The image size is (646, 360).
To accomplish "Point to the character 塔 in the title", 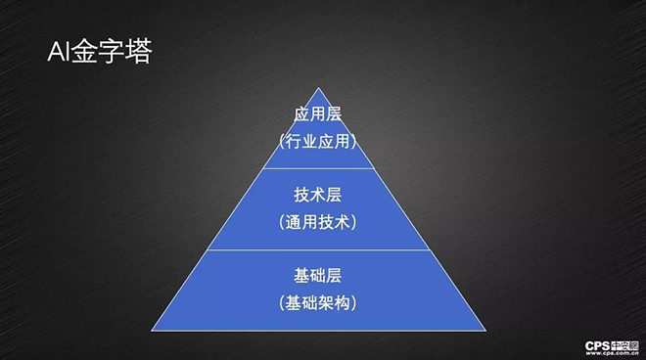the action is (137, 51).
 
